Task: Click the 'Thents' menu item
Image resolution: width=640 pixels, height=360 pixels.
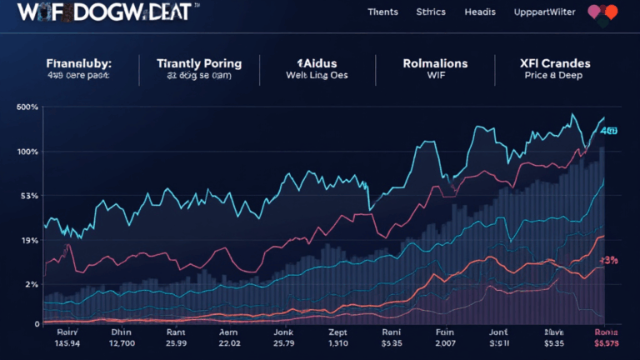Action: (382, 12)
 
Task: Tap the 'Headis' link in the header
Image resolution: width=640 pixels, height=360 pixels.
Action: (480, 12)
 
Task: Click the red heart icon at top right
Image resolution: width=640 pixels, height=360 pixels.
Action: (611, 12)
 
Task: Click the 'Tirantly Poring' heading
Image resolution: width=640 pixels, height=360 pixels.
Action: (199, 63)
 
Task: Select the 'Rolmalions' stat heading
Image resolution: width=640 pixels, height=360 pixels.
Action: (435, 63)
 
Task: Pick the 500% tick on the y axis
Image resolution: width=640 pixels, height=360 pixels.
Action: (27, 107)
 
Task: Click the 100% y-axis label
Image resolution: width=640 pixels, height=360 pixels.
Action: (27, 152)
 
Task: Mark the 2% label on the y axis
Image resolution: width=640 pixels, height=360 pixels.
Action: (32, 284)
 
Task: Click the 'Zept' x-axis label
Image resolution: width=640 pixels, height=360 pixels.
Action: (339, 331)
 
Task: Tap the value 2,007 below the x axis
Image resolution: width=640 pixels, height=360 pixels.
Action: (446, 342)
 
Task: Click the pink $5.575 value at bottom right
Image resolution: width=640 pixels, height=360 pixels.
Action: (607, 342)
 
